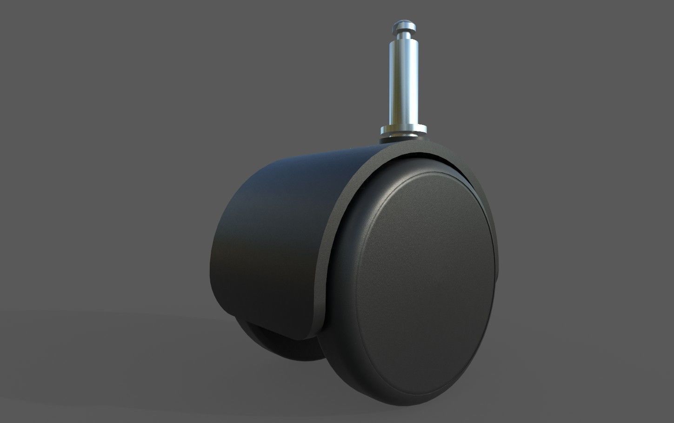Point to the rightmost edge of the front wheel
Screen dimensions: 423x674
[x=497, y=279]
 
